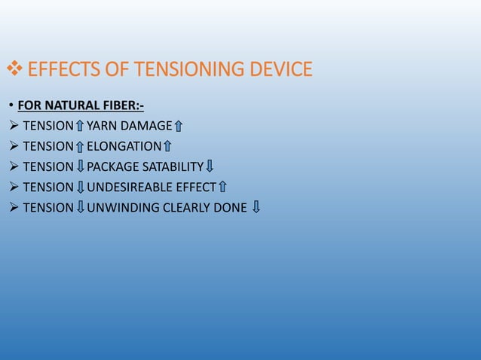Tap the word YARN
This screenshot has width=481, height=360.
[x=101, y=126]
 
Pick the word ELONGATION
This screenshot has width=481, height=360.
[x=124, y=146]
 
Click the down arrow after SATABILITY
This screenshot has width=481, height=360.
[x=210, y=166]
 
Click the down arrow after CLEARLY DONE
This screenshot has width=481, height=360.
[x=256, y=207]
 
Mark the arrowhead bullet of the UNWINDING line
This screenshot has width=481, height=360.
[x=14, y=207]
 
